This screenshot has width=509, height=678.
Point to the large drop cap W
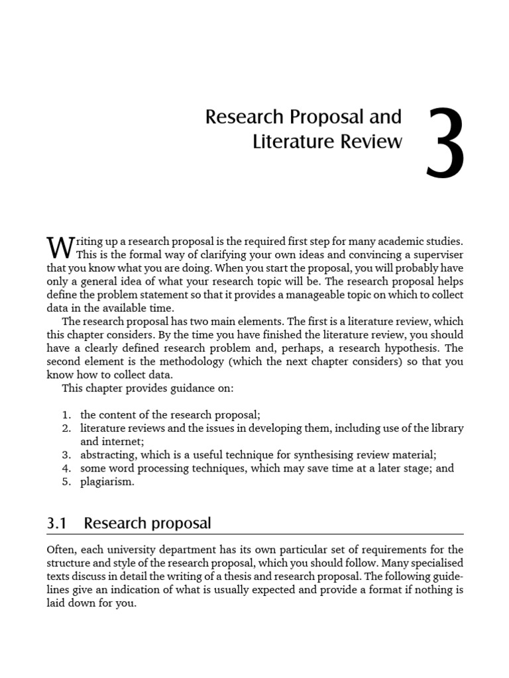(x=60, y=248)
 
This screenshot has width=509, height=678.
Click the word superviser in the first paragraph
(x=437, y=256)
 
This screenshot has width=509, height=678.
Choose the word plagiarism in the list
(x=107, y=481)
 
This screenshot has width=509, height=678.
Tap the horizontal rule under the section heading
(x=255, y=534)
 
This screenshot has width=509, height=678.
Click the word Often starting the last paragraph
(x=62, y=550)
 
